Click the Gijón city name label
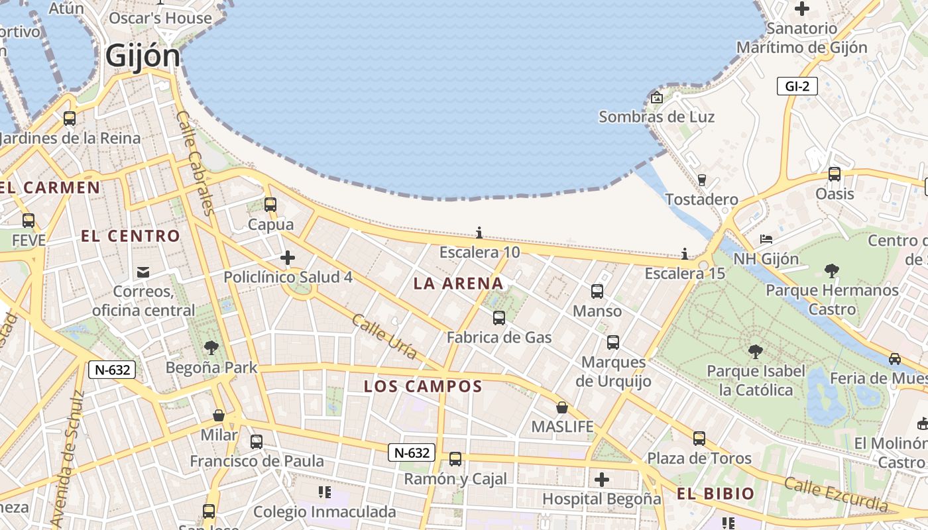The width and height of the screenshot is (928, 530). click(143, 56)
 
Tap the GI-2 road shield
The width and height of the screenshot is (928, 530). click(797, 86)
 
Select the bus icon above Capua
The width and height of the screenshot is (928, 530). click(270, 204)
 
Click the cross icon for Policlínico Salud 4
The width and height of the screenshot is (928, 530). click(288, 257)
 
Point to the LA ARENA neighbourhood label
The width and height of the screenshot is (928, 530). click(458, 284)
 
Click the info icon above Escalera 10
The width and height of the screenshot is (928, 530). click(479, 233)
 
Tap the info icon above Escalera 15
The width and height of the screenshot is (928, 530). click(685, 254)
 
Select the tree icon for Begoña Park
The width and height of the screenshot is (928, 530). click(211, 347)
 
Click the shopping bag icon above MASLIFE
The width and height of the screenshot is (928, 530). click(562, 407)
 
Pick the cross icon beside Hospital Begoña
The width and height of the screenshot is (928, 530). click(602, 479)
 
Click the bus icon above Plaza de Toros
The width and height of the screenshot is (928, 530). click(699, 438)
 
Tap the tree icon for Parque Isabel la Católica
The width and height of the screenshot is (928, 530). click(755, 351)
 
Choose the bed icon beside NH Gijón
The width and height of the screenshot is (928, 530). click(766, 238)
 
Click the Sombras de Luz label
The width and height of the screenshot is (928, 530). click(656, 117)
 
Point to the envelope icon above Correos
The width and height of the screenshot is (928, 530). click(143, 272)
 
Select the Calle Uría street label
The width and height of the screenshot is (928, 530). click(384, 337)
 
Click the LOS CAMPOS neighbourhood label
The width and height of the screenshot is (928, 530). click(423, 386)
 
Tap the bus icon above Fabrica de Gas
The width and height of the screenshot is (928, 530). click(499, 318)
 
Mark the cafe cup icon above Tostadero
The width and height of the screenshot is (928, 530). click(702, 180)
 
